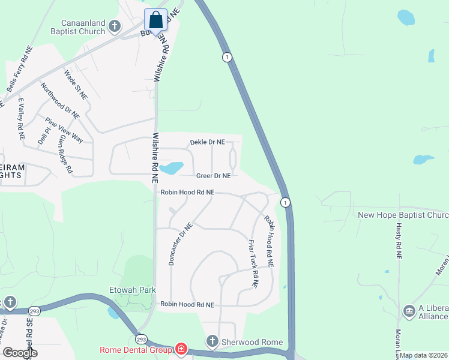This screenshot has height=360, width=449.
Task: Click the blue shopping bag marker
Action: tap(156, 20)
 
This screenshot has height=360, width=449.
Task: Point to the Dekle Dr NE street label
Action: tap(207, 142)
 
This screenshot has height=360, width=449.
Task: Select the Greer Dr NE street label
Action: tap(213, 176)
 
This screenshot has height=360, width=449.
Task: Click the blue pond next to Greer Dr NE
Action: tap(173, 167)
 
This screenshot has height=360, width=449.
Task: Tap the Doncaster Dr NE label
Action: tap(179, 244)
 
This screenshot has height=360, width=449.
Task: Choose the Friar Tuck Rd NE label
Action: tap(253, 263)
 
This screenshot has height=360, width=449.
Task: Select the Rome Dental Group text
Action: tap(136, 350)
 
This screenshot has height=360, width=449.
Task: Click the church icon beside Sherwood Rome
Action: tap(212, 342)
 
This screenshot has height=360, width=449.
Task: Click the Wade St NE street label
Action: tap(76, 85)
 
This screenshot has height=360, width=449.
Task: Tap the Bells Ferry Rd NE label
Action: tap(19, 69)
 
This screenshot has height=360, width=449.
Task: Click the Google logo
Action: tap(20, 353)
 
